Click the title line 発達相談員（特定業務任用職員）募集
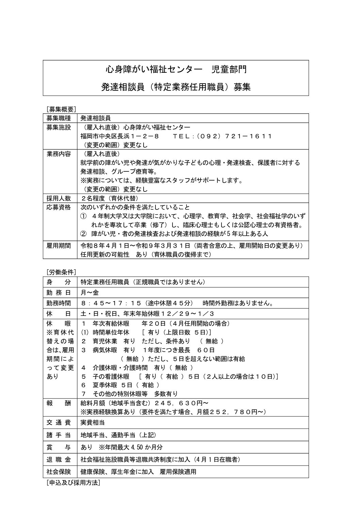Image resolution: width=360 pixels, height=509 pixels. tap(176, 87)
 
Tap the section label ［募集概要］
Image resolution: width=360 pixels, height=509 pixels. tap(61, 109)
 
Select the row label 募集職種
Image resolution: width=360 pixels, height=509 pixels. tap(59, 118)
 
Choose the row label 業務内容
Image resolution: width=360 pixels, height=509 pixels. tap(59, 154)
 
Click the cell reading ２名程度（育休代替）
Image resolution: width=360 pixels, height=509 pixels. tap(110, 198)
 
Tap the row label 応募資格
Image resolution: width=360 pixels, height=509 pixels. tap(59, 207)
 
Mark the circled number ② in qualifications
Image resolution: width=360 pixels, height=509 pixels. tap(83, 234)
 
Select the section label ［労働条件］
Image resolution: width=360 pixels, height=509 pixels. tap(61, 272)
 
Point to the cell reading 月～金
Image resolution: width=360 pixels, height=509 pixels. tap(89, 292)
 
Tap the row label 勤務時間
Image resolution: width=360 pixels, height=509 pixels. tap(59, 303)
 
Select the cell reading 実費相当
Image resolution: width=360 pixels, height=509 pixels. tap(92, 423)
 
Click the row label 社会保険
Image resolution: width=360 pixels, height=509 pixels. tap(59, 472)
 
